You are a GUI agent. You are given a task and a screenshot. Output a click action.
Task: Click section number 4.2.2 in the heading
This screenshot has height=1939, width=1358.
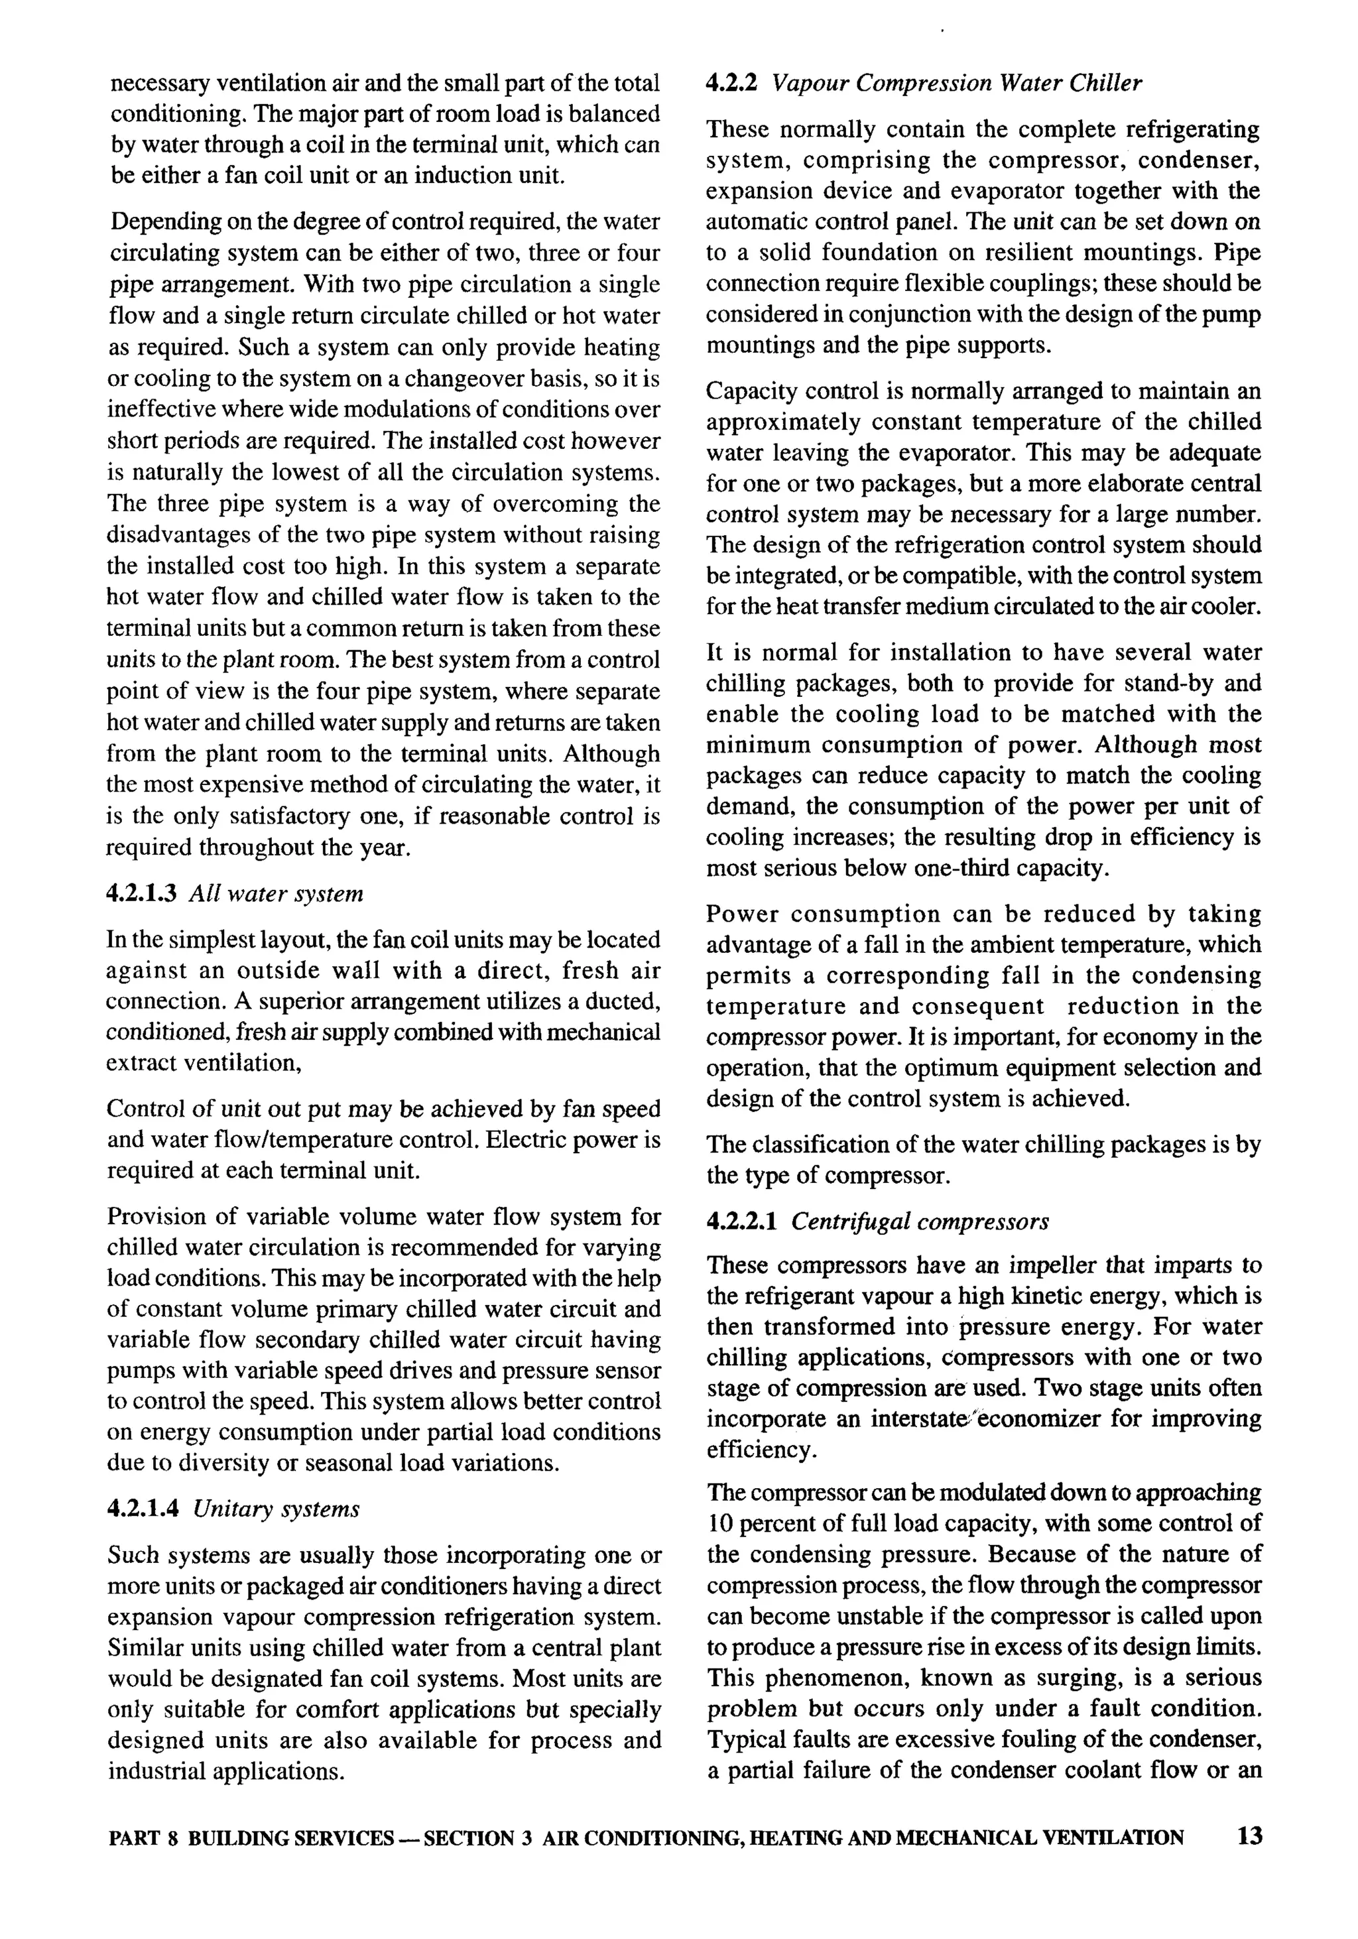731,84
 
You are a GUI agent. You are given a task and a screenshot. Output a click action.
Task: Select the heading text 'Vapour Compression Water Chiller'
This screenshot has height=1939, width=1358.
957,84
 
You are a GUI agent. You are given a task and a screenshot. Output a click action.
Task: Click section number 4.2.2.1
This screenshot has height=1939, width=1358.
741,1221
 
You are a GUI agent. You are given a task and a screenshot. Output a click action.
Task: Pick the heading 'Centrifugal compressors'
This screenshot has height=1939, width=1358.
920,1221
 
